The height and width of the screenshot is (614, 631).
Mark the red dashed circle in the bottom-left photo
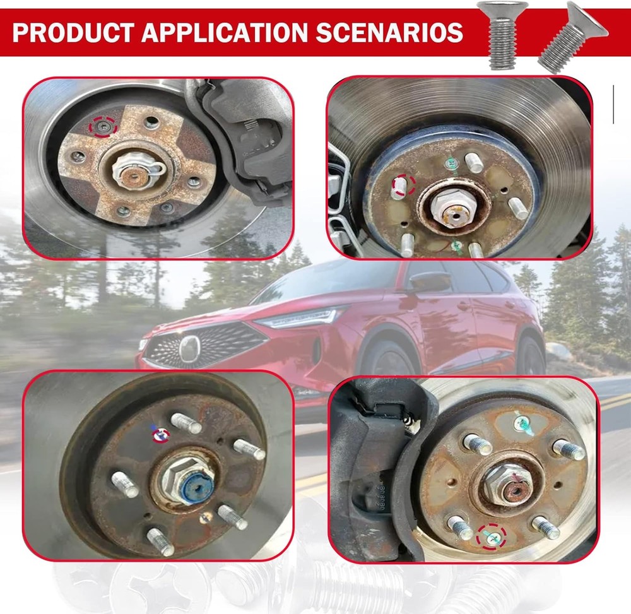[161, 434]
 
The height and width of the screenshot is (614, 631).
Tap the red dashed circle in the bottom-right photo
[492, 536]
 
